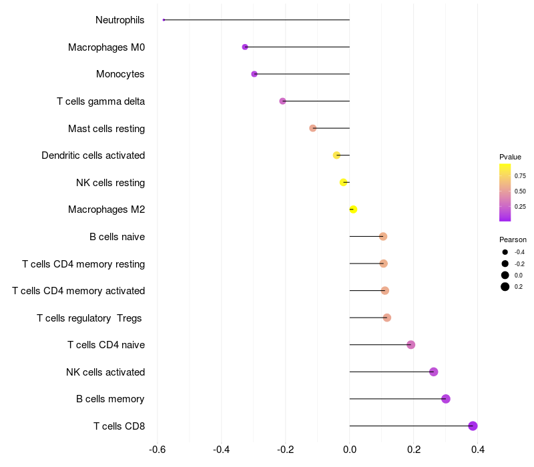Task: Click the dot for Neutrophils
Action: (x=164, y=20)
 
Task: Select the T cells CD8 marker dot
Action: (x=473, y=426)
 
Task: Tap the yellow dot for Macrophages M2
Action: (x=353, y=209)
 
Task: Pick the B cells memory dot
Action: (x=446, y=399)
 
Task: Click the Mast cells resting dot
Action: (x=312, y=128)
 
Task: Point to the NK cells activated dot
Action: (x=433, y=372)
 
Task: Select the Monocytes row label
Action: (x=120, y=74)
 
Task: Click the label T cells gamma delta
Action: (x=101, y=101)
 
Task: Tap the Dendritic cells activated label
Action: (x=93, y=155)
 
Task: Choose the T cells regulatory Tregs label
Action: (x=89, y=318)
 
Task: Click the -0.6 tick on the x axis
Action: (x=158, y=450)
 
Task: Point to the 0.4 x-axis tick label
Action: (x=478, y=450)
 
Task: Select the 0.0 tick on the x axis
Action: (x=350, y=450)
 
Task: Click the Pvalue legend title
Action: (x=510, y=157)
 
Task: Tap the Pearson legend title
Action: (x=513, y=240)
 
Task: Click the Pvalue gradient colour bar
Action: (x=505, y=192)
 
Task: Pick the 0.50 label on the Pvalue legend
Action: (x=520, y=191)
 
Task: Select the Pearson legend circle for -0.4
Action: (x=505, y=252)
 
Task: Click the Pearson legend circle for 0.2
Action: (x=505, y=287)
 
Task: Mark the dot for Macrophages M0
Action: (x=245, y=47)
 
